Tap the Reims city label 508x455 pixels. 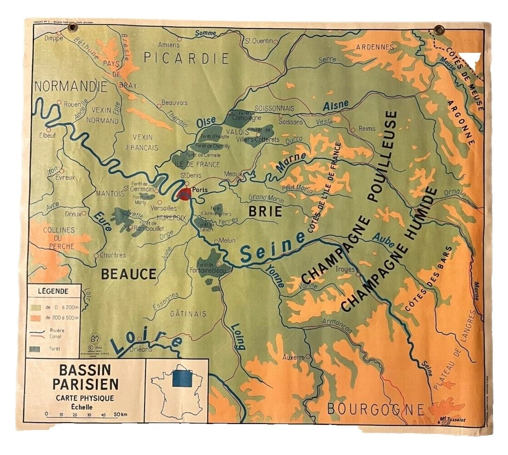[x=367, y=129]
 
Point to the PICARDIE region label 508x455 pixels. [x=186, y=58]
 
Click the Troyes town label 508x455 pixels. [x=345, y=269]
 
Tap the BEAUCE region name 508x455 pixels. [x=129, y=274]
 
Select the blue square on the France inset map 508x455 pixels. [x=182, y=377]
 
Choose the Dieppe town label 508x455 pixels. [x=53, y=38]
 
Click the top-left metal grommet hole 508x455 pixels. [x=72, y=29]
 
